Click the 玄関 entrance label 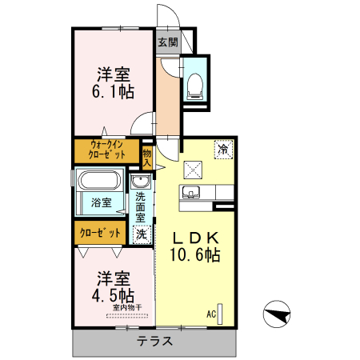click(167, 42)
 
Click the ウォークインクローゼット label click(106, 150)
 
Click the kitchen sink click(192, 192)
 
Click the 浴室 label click(101, 202)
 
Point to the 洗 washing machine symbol click(142, 234)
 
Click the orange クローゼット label click(101, 233)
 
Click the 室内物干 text click(126, 307)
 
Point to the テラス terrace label click(153, 341)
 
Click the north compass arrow click(276, 314)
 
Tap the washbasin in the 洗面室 click(141, 182)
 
